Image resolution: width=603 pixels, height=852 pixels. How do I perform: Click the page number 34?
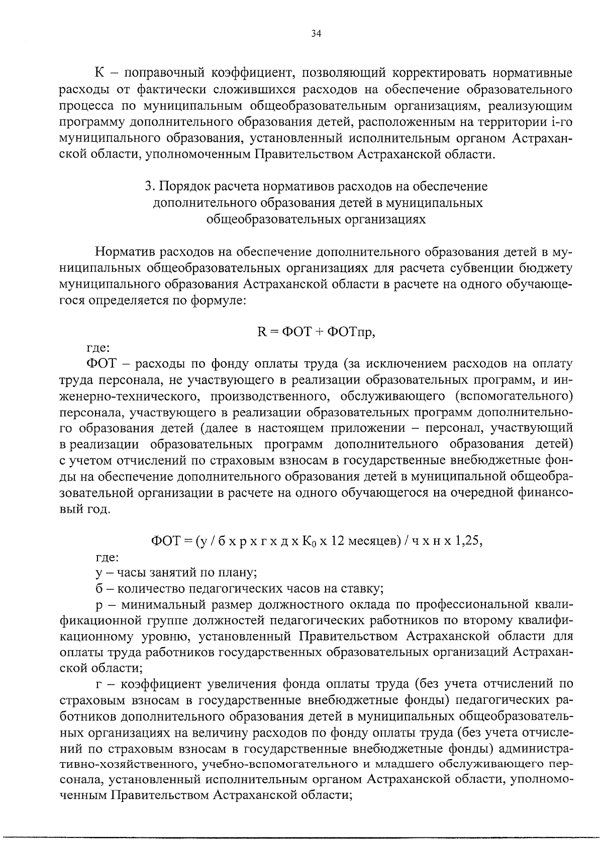[x=316, y=34]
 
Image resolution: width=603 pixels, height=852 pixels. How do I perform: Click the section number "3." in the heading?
[x=149, y=187]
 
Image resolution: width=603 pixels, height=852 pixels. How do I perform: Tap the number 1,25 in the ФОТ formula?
[x=468, y=541]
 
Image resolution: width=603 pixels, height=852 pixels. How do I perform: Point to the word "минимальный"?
[x=165, y=604]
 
